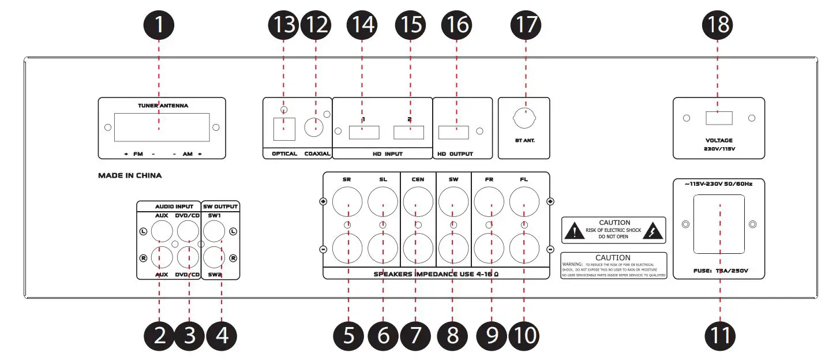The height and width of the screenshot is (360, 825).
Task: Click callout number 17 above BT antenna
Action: tap(526, 25)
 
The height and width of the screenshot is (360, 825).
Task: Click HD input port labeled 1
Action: tap(363, 132)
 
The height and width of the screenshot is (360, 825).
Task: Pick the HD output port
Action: tap(453, 132)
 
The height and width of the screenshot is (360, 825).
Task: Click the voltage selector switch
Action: tap(719, 118)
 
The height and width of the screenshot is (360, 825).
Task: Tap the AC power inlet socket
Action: tap(719, 224)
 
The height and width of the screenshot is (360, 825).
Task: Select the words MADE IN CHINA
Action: tap(130, 175)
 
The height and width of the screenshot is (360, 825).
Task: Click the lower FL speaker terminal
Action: tap(525, 248)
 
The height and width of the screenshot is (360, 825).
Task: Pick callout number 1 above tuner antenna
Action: tap(160, 25)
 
